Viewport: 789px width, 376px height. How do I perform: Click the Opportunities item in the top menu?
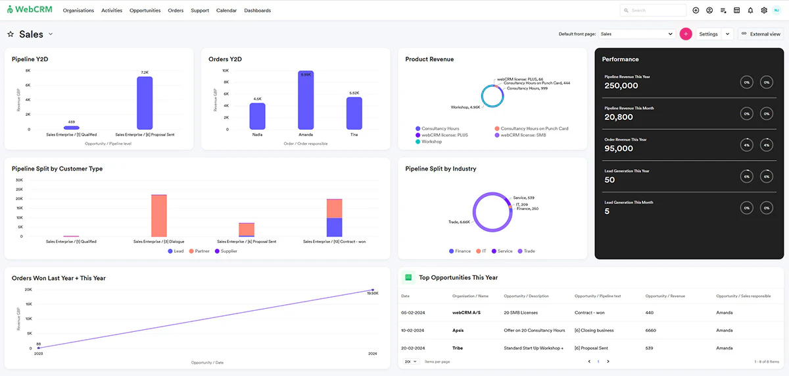click(x=145, y=11)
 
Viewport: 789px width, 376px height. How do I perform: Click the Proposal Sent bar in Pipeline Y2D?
click(x=145, y=104)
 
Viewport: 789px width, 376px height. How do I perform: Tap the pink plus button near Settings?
click(x=686, y=34)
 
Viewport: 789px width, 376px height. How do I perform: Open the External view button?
click(x=761, y=34)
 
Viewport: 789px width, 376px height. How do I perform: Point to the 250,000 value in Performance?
click(x=621, y=86)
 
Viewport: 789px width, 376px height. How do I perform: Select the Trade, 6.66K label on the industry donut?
click(x=459, y=222)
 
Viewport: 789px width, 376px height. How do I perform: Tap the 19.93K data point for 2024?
click(x=373, y=290)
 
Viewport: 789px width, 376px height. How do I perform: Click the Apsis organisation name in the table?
click(x=458, y=330)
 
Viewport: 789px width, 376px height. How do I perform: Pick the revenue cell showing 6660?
click(x=652, y=330)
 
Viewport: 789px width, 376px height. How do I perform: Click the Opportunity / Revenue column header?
click(x=665, y=296)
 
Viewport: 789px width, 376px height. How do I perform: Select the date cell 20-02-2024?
click(x=412, y=348)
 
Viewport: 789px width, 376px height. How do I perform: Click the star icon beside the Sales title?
click(x=11, y=34)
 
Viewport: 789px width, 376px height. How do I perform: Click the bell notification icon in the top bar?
click(x=750, y=11)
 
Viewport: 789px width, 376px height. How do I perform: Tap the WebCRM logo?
click(x=30, y=11)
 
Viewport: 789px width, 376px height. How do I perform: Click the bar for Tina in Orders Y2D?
click(x=354, y=113)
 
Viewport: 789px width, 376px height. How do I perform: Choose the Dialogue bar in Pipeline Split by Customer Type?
click(x=159, y=216)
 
